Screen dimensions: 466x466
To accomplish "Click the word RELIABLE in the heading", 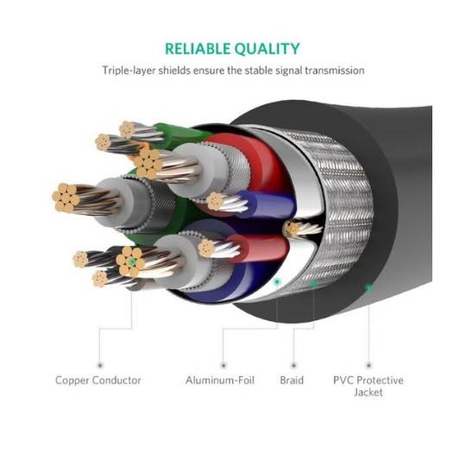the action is pyautogui.click(x=198, y=49).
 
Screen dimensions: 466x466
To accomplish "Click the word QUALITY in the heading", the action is pyautogui.click(x=267, y=49).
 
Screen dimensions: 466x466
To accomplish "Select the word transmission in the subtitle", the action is pyautogui.click(x=334, y=71).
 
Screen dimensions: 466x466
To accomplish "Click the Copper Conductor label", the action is pyautogui.click(x=98, y=381).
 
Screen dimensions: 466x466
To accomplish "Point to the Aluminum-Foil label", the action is pyautogui.click(x=220, y=381).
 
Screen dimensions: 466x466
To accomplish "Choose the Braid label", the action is pyautogui.click(x=292, y=381).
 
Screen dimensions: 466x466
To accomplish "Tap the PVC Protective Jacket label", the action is pyautogui.click(x=368, y=386).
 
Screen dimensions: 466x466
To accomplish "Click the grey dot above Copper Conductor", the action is pyautogui.click(x=100, y=365).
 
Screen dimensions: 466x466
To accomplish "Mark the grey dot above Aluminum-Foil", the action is pyautogui.click(x=224, y=365).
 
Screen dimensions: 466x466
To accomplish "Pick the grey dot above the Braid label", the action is pyautogui.click(x=293, y=365).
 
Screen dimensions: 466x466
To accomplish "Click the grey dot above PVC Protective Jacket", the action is pyautogui.click(x=368, y=365).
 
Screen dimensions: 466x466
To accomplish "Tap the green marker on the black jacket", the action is pyautogui.click(x=368, y=287).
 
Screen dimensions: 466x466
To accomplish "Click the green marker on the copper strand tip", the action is pyautogui.click(x=132, y=261).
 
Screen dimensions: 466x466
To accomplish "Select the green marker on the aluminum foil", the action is pyautogui.click(x=277, y=281).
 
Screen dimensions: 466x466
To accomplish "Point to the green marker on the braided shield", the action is pyautogui.click(x=313, y=283).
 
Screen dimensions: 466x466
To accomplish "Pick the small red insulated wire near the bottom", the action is pyautogui.click(x=258, y=248).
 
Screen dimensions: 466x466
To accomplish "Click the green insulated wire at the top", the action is pyautogui.click(x=181, y=135).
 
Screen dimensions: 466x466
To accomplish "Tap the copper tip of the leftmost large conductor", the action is pyautogui.click(x=66, y=198).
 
